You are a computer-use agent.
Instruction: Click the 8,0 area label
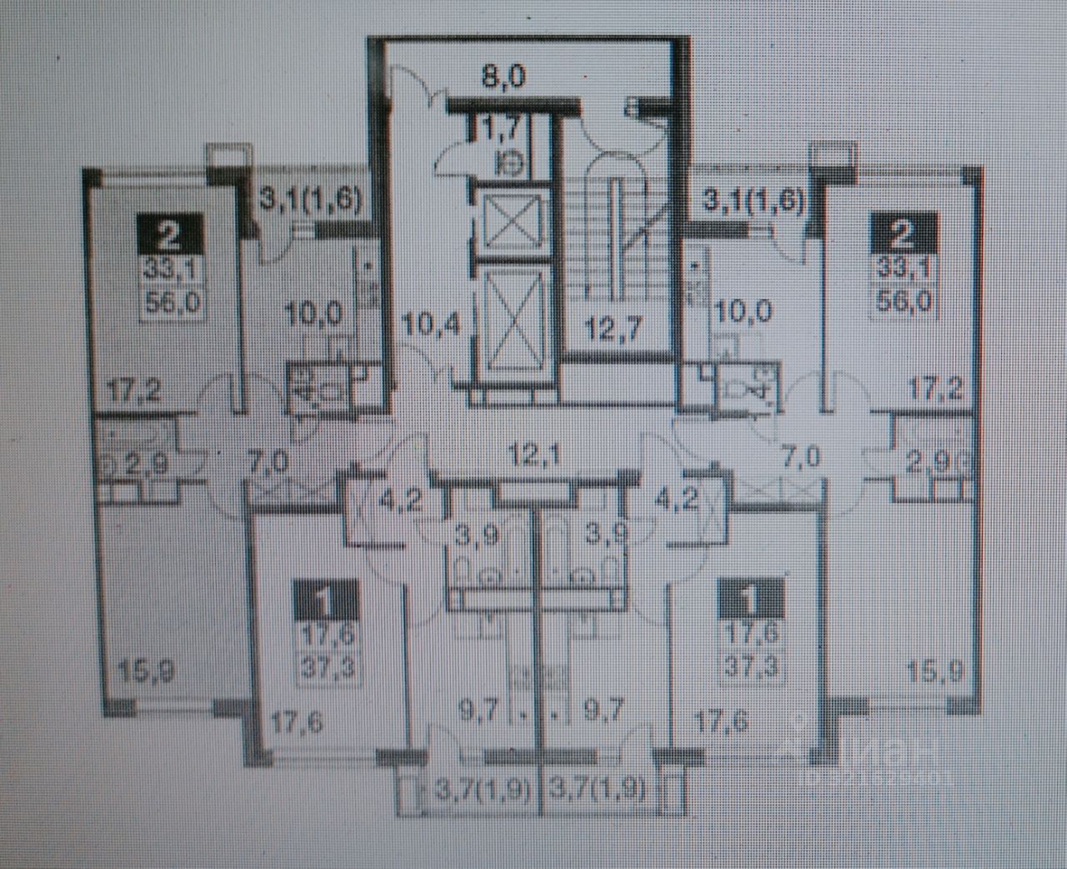504,77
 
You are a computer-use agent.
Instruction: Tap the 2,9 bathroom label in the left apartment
148,462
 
